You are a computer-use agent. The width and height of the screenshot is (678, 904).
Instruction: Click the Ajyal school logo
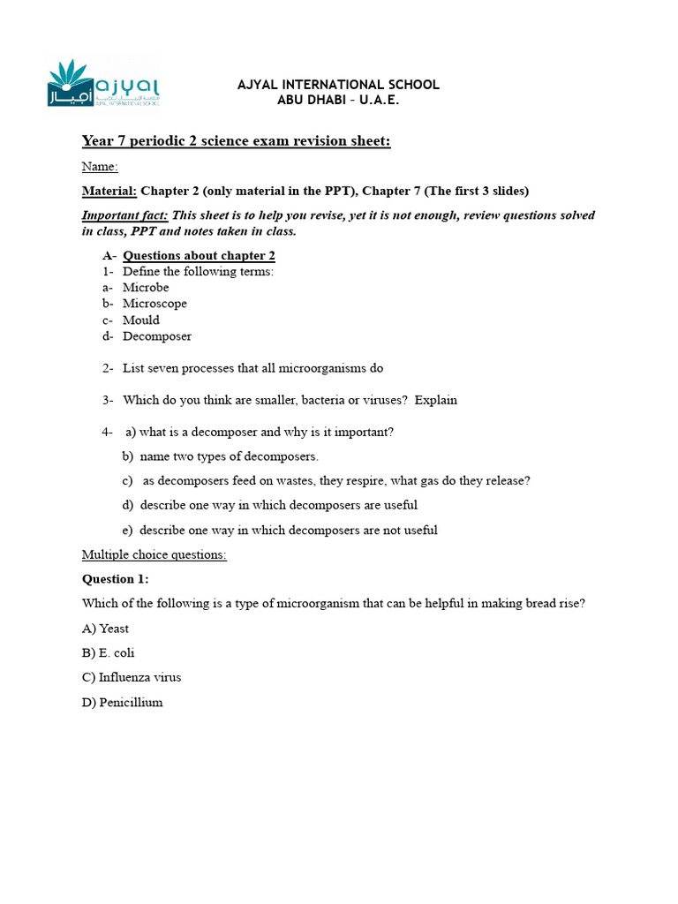point(102,84)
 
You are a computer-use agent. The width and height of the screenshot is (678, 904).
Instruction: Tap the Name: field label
point(100,167)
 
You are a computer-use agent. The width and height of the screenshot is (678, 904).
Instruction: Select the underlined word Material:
point(109,192)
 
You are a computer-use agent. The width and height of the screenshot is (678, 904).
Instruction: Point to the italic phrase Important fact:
point(124,215)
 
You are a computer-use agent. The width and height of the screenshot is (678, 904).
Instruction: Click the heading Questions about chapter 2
point(199,256)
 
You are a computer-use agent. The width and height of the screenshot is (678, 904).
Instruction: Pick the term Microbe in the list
point(146,288)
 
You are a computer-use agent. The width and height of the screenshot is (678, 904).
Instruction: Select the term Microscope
point(154,304)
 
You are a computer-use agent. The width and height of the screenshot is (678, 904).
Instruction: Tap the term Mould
point(141,320)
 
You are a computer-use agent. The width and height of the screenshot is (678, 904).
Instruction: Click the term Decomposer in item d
point(157,336)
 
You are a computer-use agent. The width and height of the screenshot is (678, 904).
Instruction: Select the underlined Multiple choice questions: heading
point(154,554)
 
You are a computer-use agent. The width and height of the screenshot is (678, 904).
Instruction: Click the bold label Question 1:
point(116,579)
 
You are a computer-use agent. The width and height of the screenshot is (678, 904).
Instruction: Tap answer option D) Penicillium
point(123,703)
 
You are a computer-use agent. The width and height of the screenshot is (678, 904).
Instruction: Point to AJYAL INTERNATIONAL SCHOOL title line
point(338,85)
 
